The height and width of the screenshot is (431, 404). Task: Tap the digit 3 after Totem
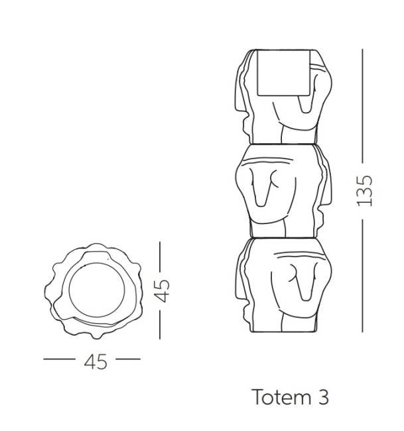click(322, 397)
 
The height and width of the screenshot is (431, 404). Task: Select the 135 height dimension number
click(364, 190)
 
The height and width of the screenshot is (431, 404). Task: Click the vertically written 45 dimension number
click(161, 290)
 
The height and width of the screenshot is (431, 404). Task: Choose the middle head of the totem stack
click(279, 189)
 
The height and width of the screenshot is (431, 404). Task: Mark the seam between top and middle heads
click(279, 143)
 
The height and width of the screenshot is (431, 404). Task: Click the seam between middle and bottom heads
click(279, 237)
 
